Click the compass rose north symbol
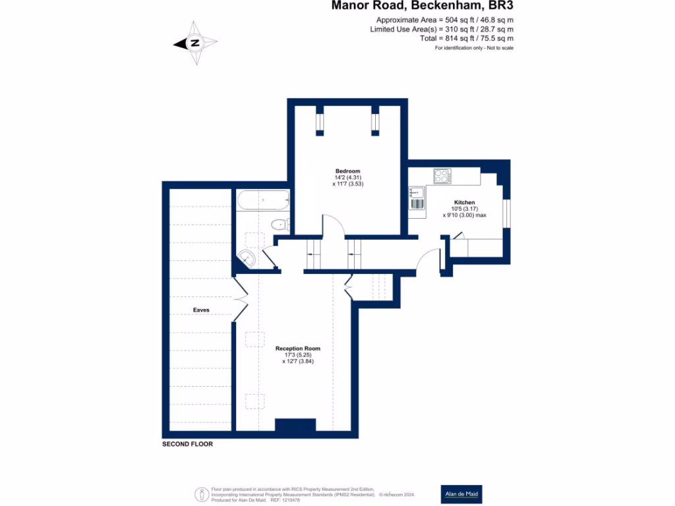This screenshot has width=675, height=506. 195,43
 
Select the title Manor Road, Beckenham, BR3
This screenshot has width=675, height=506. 421,6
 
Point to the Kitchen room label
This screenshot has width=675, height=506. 464,202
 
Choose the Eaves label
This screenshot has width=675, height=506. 201,310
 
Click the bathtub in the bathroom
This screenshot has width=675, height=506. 262,200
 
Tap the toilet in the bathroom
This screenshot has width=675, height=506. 279,225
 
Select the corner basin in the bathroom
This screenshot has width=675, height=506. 246,259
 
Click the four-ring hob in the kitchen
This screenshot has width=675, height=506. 442,176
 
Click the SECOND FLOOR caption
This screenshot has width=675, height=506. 187,445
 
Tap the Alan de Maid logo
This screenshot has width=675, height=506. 461,494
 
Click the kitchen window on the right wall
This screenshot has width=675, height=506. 506,213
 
